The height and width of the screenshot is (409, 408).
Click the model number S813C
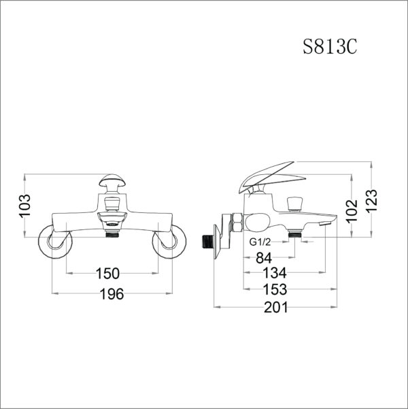pyautogui.click(x=330, y=47)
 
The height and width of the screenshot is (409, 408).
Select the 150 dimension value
pyautogui.click(x=107, y=274)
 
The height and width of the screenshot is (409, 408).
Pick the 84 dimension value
pyautogui.click(x=265, y=258)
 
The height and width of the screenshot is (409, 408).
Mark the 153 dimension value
pyautogui.click(x=275, y=289)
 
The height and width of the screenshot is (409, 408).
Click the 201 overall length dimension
pyautogui.click(x=275, y=307)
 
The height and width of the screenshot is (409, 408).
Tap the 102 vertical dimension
pyautogui.click(x=352, y=206)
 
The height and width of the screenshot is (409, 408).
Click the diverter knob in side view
pyautogui.click(x=295, y=202)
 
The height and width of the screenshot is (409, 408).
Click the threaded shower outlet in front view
pyautogui.click(x=112, y=235)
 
